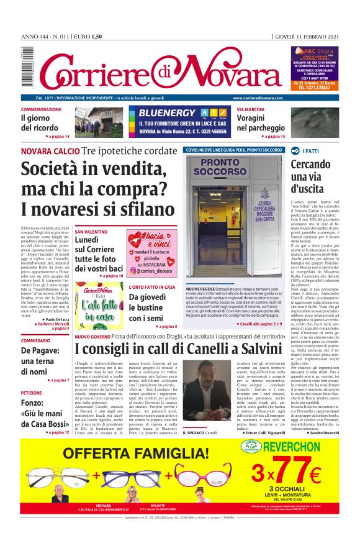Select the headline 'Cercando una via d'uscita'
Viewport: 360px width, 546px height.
[311, 176]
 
